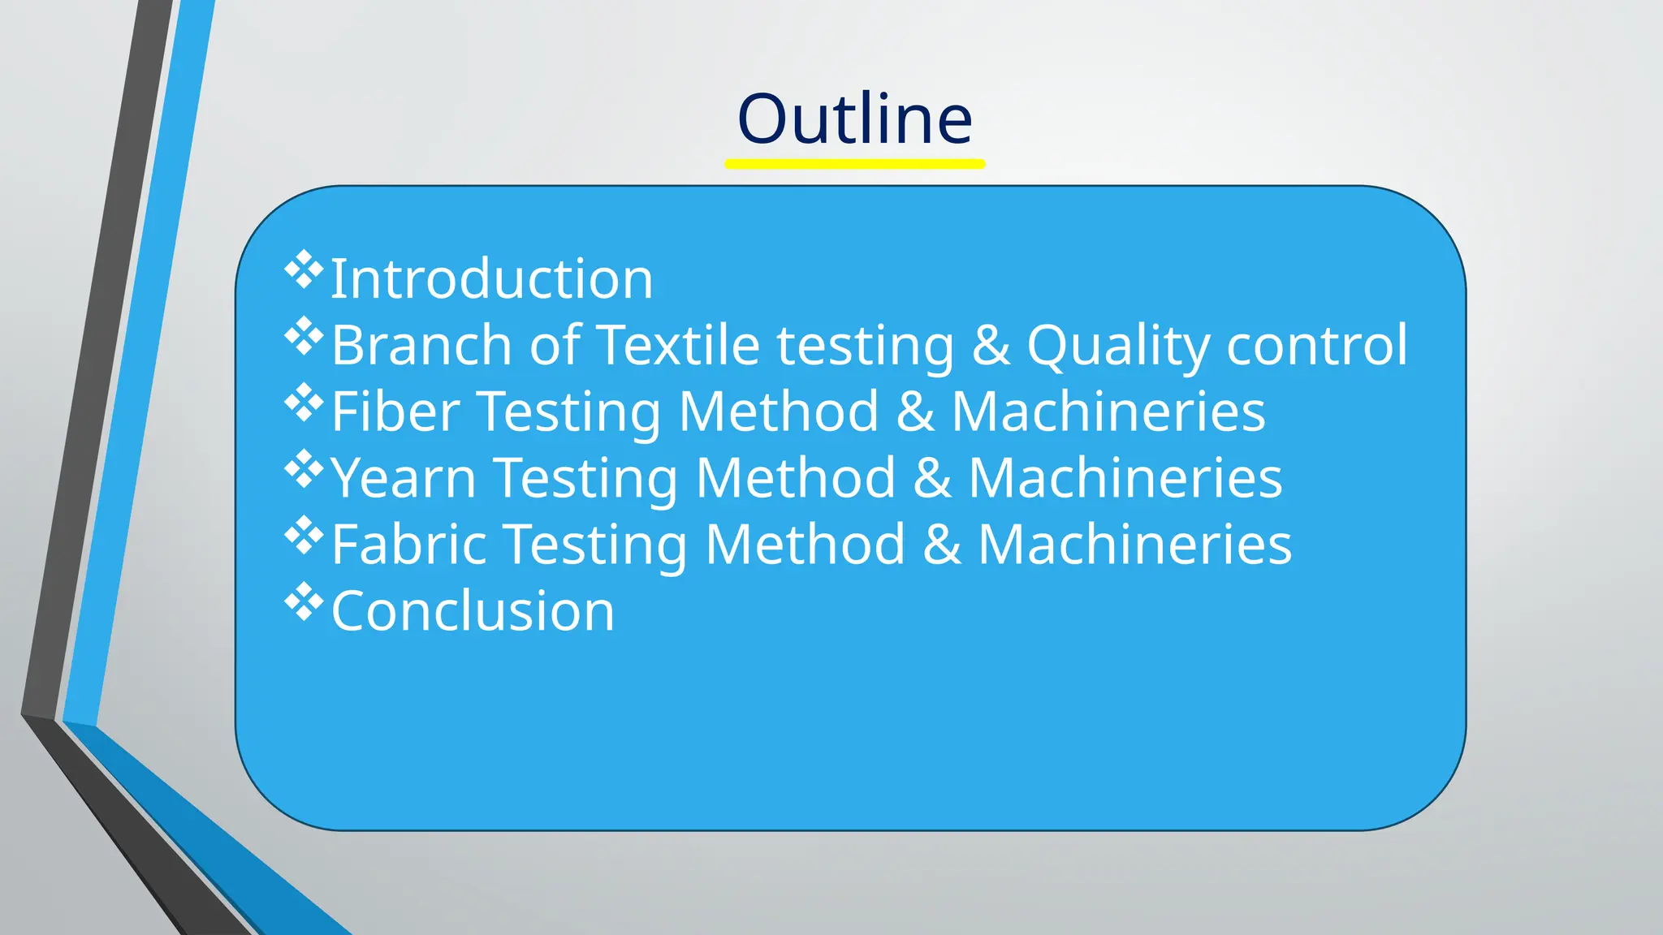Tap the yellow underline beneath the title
[854, 164]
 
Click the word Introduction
[491, 278]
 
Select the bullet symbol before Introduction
[303, 270]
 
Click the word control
[1317, 345]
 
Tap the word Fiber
[395, 411]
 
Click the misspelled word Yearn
[403, 478]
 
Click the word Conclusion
[473, 610]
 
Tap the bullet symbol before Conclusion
[303, 601]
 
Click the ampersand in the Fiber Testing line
[915, 411]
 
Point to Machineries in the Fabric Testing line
[1134, 544]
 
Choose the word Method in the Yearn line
[796, 478]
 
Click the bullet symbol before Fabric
[303, 535]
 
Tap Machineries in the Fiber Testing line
[1108, 411]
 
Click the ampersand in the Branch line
[991, 345]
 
